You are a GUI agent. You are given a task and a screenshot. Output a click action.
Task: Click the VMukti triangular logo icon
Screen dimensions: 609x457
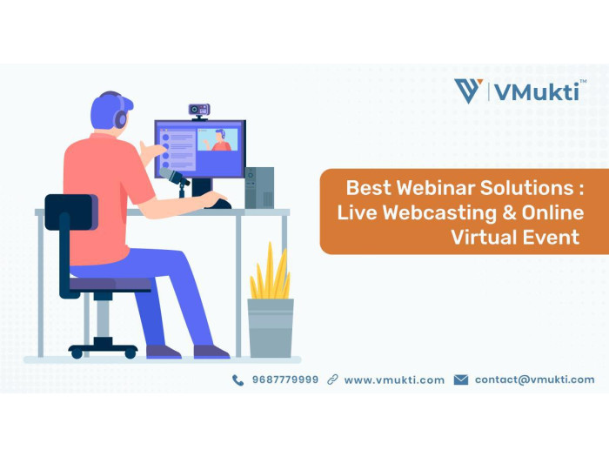point(468,91)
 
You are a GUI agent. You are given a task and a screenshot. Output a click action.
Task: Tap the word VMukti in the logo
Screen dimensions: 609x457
point(537,92)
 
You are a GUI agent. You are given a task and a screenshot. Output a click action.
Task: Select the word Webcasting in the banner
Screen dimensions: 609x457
point(439,213)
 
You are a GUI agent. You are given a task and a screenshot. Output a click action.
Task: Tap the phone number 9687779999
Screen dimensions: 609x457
point(285,380)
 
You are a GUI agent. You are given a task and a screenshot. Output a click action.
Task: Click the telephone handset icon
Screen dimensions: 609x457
point(238,380)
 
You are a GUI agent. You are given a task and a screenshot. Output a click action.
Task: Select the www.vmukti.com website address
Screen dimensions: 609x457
point(394,380)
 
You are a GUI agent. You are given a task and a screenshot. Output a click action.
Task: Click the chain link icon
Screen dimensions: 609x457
point(332,380)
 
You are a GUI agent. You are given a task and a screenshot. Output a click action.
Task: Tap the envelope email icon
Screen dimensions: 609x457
point(461,380)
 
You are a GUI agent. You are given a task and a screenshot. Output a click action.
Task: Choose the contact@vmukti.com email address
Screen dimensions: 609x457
point(534,380)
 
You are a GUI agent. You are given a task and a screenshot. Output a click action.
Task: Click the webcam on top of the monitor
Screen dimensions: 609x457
point(199,111)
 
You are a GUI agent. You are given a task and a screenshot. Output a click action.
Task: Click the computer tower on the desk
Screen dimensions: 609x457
point(259,188)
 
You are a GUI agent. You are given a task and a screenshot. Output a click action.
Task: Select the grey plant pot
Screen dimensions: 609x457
point(271,328)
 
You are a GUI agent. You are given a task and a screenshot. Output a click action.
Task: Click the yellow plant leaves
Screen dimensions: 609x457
point(271,272)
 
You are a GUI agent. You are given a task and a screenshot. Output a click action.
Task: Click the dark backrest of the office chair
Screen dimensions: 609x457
point(71,212)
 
